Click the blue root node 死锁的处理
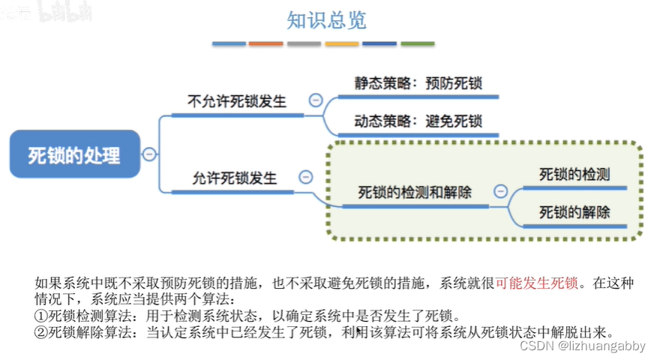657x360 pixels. [x=74, y=155]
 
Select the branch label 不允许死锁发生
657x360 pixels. [x=237, y=101]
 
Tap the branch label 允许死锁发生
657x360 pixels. [x=235, y=178]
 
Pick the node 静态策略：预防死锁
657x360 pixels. [x=418, y=83]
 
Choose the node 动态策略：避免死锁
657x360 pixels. [x=418, y=121]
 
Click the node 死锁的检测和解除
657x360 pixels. [x=415, y=193]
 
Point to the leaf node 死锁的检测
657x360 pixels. [x=574, y=175]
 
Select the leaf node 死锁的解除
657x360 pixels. [x=574, y=212]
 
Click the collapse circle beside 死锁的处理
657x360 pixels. [x=149, y=154]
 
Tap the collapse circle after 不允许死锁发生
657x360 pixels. [x=316, y=100]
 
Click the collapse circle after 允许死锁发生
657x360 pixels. [x=305, y=177]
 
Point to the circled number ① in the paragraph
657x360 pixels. [x=41, y=315]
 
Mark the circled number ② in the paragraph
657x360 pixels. [x=41, y=331]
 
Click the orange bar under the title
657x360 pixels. [x=266, y=44]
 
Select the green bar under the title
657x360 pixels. [x=417, y=44]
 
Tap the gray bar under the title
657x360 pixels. [x=304, y=44]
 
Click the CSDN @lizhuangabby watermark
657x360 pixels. [x=581, y=346]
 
